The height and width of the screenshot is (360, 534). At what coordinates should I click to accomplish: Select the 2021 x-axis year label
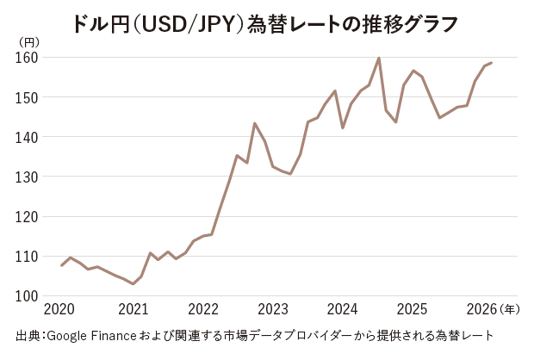pyautogui.click(x=133, y=310)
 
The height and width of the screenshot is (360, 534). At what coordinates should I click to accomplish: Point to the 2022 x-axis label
pyautogui.click(x=203, y=310)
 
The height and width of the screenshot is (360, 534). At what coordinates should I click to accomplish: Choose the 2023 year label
pyautogui.click(x=273, y=310)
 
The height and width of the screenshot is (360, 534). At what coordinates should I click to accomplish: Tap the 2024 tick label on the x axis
pyautogui.click(x=343, y=310)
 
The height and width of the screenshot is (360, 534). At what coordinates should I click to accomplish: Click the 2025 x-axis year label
pyautogui.click(x=413, y=310)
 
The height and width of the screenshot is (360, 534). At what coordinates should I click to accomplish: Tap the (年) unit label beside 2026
pyautogui.click(x=510, y=310)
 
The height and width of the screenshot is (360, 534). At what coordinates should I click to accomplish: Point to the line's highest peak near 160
pyautogui.click(x=379, y=59)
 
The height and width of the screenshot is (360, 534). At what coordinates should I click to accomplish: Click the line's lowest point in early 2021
pyautogui.click(x=133, y=283)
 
